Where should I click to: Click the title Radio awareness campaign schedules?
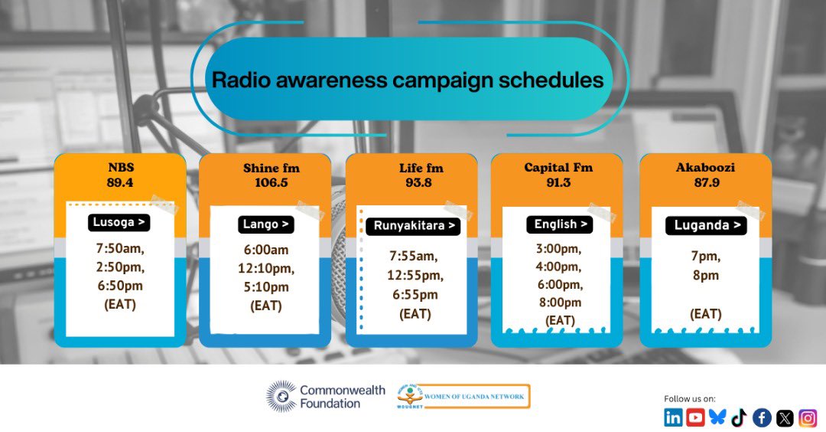click(407, 80)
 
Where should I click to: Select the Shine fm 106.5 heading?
click(265, 175)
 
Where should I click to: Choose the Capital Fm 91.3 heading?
click(558, 175)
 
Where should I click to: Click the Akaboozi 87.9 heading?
click(705, 175)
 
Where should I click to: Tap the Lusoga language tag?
click(119, 223)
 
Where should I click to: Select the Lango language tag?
click(265, 224)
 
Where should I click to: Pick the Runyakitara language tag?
click(412, 226)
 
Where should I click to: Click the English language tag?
click(560, 224)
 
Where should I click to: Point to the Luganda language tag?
click(705, 225)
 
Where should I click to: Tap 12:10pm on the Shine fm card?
click(265, 269)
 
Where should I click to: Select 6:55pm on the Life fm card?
click(415, 295)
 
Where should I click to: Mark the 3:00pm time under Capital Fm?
click(560, 249)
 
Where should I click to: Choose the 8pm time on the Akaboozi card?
click(705, 275)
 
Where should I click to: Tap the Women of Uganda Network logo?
click(463, 396)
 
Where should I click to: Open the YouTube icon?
click(695, 417)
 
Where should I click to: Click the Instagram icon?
click(808, 417)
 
